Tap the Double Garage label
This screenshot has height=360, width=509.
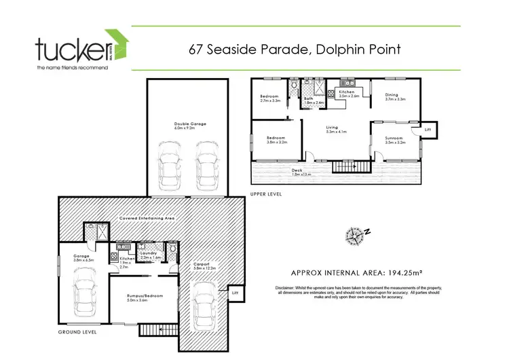point(190,124)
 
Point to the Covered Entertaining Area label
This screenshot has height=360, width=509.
point(147,218)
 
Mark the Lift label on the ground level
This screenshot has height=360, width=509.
point(234,292)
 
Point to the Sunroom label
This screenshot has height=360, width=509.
point(395,139)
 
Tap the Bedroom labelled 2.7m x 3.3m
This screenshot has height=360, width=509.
point(269,97)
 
